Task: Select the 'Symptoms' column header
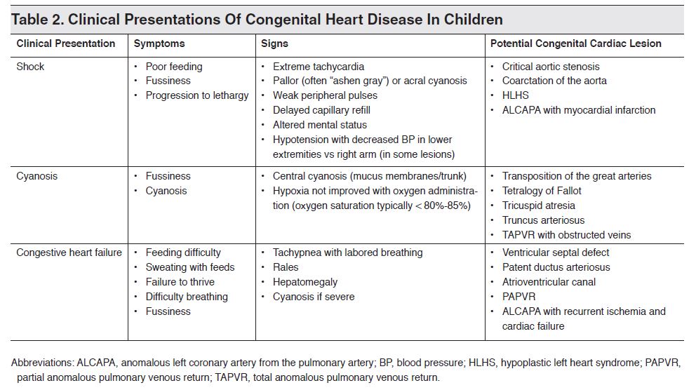tap(159, 43)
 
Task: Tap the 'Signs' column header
tap(274, 43)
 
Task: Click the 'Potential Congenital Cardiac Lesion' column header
tap(575, 43)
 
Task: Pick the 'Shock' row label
tap(30, 67)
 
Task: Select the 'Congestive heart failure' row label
tap(69, 253)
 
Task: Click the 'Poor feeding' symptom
tap(173, 67)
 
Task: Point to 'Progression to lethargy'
tap(196, 95)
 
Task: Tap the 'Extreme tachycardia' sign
tap(318, 67)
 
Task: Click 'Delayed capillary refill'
tap(321, 110)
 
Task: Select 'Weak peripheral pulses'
tap(325, 95)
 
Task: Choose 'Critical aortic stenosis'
tap(551, 67)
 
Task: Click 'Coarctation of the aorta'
tap(554, 81)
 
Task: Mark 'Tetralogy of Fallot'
tap(542, 191)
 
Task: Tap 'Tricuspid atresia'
tap(538, 206)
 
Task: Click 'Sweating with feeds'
tap(189, 267)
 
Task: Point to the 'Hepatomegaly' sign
tap(304, 282)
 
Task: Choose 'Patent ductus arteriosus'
tap(556, 267)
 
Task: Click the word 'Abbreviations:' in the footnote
tap(43, 363)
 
